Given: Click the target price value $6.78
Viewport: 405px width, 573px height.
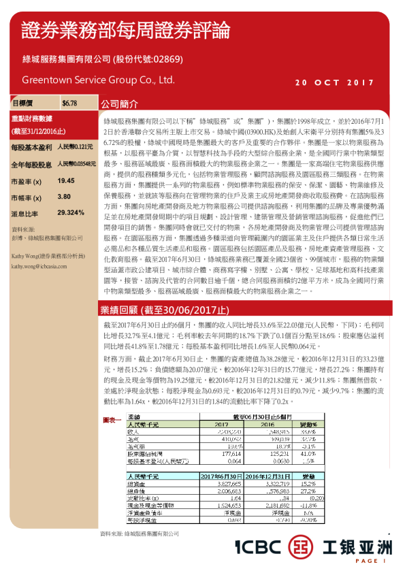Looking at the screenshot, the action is pyautogui.click(x=69, y=103).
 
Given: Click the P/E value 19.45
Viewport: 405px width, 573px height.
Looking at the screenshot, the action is pyautogui.click(x=66, y=181).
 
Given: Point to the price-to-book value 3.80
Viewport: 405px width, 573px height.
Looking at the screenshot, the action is pyautogui.click(x=65, y=197).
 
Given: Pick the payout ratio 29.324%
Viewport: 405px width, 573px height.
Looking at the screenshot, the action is pyautogui.click(x=71, y=212).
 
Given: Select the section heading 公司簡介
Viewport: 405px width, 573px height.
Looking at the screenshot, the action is pyautogui.click(x=119, y=106).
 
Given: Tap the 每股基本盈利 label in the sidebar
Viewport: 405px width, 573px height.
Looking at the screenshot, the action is pyautogui.click(x=32, y=147).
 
